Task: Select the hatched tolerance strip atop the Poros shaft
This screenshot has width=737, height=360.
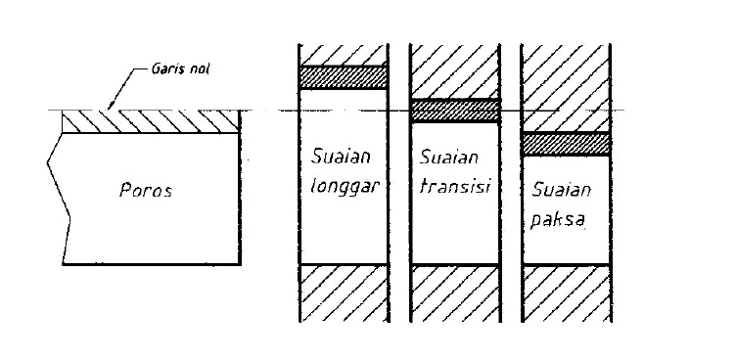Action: (x=151, y=120)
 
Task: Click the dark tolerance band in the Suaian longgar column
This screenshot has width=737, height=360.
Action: (x=344, y=77)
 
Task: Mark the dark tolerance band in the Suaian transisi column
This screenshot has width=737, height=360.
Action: (x=455, y=111)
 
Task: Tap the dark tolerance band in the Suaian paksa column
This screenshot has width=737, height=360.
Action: (x=567, y=143)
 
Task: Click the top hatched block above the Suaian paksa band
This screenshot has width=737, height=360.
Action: (x=567, y=86)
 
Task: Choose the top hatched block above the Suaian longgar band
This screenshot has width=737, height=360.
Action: (x=344, y=54)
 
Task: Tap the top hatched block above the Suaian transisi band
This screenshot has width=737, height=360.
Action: (x=455, y=70)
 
